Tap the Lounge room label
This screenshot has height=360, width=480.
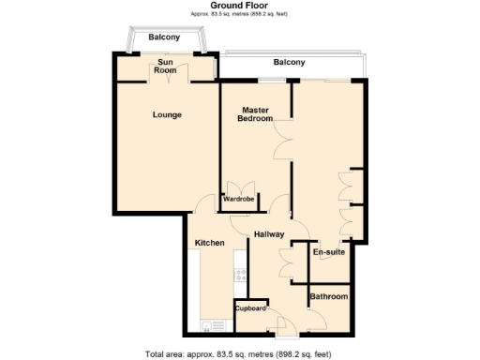click(x=168, y=115)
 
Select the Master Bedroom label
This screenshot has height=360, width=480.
click(x=255, y=114)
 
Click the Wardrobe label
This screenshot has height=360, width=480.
click(x=238, y=199)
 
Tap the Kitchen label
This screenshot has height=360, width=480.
click(x=209, y=244)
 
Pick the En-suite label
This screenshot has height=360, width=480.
click(x=327, y=252)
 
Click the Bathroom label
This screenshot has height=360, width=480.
click(x=329, y=297)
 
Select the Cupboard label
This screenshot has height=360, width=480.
click(x=251, y=307)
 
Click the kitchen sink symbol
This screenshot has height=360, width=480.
click(x=206, y=325)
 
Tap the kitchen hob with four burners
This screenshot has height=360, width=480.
click(x=241, y=274)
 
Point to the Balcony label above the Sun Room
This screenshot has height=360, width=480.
click(x=165, y=37)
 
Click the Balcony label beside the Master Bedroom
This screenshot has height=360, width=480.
click(x=289, y=62)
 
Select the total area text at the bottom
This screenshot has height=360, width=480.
click(x=238, y=353)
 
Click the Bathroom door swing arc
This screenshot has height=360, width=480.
click(x=318, y=321)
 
